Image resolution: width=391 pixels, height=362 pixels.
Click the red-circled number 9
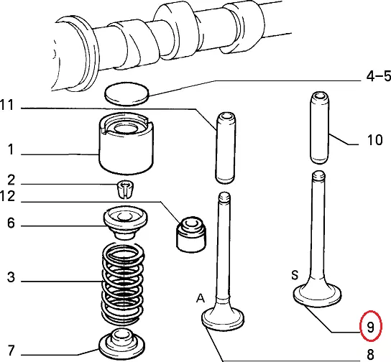(x=370, y=326)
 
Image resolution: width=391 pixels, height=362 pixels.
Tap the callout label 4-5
(x=379, y=76)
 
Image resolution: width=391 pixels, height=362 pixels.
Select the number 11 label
(x=7, y=105)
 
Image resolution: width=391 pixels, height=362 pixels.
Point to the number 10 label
(x=374, y=140)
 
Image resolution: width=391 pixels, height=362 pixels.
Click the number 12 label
(x=7, y=196)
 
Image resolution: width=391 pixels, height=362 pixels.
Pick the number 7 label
(x=11, y=350)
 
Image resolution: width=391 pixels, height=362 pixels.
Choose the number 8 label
(x=371, y=354)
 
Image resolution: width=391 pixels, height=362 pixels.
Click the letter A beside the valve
(x=201, y=298)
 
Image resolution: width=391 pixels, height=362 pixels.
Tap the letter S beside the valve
(x=295, y=275)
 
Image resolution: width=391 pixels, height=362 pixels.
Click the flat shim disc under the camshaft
(x=126, y=93)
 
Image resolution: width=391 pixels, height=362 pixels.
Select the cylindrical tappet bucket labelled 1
(x=126, y=143)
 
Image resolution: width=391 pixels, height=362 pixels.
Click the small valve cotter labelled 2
(x=125, y=189)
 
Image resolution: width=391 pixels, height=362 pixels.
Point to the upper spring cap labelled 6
(x=126, y=222)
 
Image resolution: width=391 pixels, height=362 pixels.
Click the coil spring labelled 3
(x=123, y=283)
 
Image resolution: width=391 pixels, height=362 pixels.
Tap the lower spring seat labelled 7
(x=122, y=345)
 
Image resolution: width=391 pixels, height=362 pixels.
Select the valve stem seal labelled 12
(x=191, y=234)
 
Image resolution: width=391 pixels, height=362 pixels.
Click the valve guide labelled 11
(x=226, y=148)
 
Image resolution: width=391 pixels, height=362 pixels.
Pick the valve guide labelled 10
(x=320, y=128)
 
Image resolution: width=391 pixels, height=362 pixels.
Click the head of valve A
(x=223, y=317)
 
